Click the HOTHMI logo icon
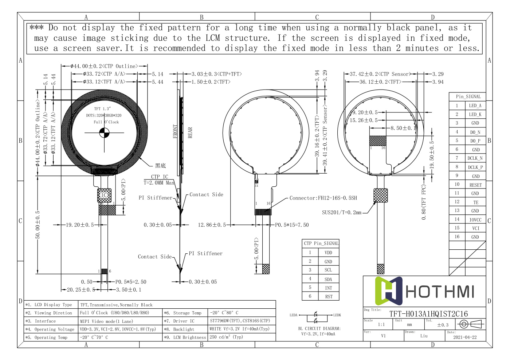(389, 291)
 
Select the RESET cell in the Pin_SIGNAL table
(475, 185)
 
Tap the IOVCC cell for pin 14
(475, 220)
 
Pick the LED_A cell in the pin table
(475, 106)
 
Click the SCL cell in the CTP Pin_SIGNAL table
(328, 270)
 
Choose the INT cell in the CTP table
(328, 288)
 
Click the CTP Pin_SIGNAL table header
(321, 243)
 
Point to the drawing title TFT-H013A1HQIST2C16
(428, 314)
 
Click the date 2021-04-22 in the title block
(465, 337)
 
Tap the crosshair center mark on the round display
(105, 133)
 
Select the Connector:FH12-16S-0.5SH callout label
(323, 198)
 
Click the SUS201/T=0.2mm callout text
(341, 213)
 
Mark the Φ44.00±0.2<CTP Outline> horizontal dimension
(104, 66)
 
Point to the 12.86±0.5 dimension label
(212, 225)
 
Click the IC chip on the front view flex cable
(104, 195)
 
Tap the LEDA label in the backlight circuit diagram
(294, 315)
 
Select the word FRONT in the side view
(175, 131)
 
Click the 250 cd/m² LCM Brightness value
(226, 337)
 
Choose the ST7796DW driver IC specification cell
(240, 321)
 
